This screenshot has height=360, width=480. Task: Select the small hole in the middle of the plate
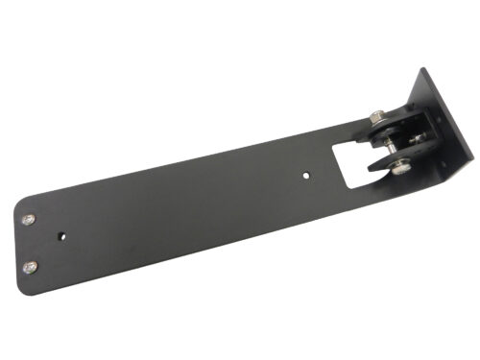(x=305, y=177)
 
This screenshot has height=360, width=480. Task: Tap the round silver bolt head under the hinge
(x=399, y=170)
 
